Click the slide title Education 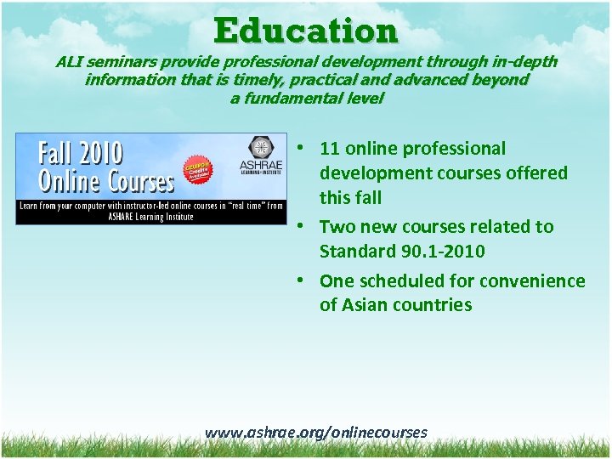[306, 31]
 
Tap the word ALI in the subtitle [71, 62]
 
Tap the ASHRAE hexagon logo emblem [260, 147]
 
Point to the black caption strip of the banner [151, 212]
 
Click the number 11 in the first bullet [329, 149]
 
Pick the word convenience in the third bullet [533, 281]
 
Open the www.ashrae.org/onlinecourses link [315, 433]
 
